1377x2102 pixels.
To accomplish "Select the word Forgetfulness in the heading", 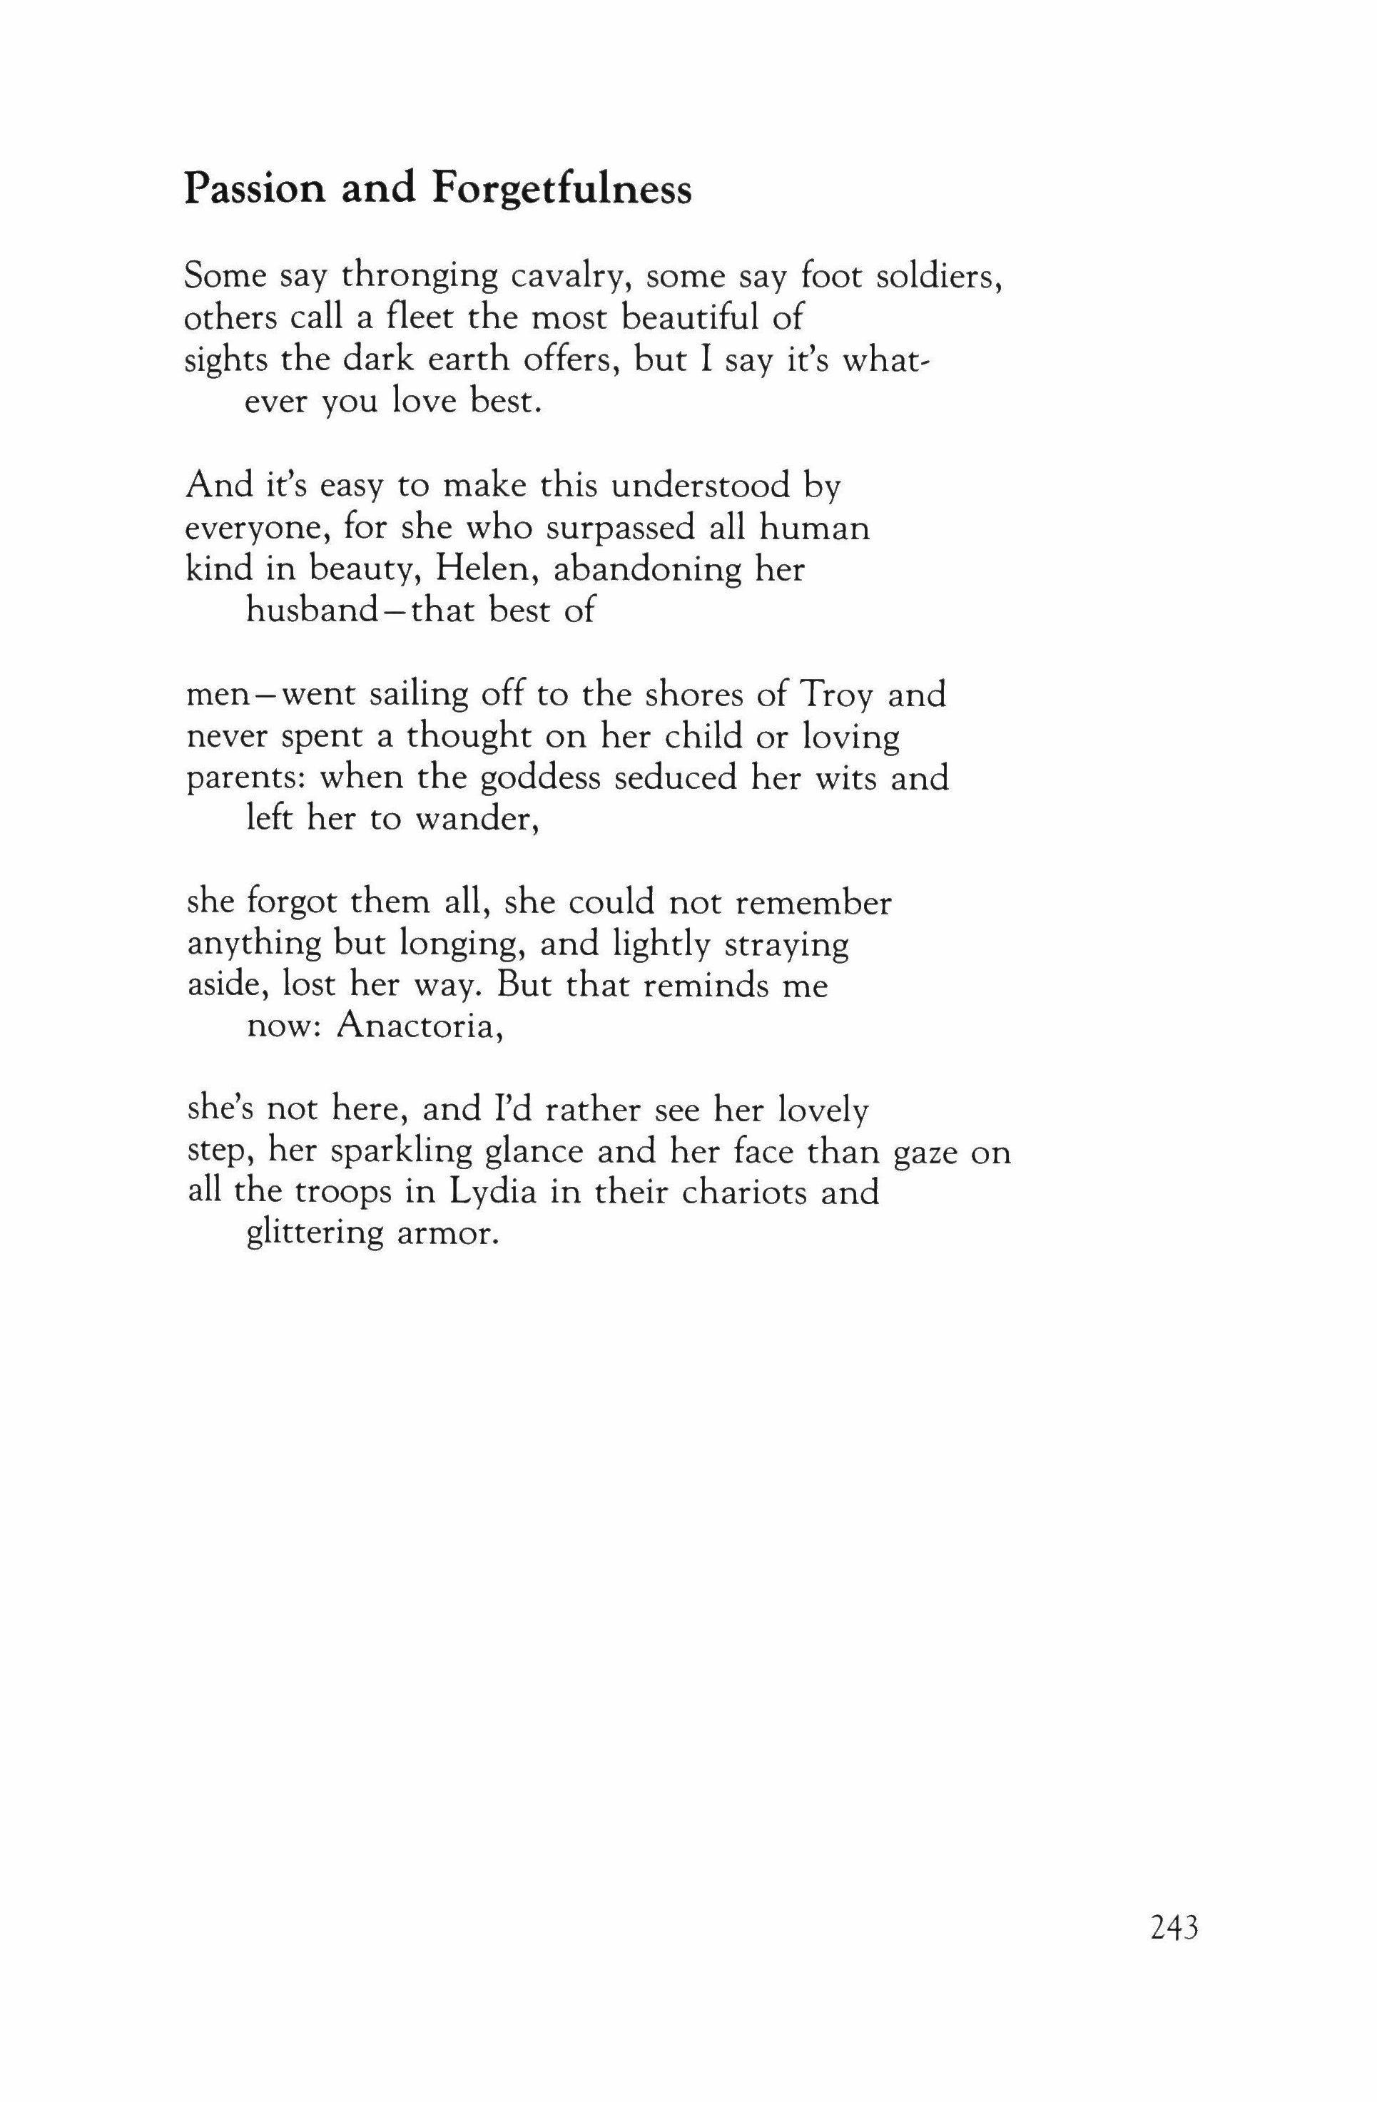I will (561, 190).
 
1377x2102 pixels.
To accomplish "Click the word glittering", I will (313, 1235).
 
